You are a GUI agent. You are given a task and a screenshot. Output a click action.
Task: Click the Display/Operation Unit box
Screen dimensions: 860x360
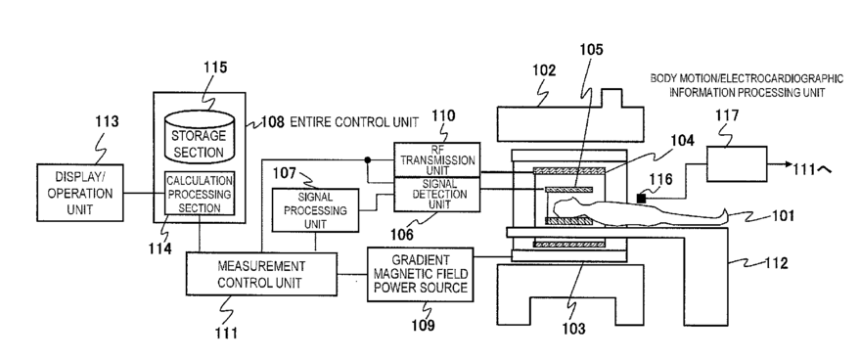pos(80,193)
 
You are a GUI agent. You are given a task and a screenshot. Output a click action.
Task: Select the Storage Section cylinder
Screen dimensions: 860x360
pos(199,137)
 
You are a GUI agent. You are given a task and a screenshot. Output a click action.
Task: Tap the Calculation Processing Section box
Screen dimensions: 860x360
pos(200,193)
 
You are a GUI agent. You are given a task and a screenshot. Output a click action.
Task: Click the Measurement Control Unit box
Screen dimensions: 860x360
pos(261,274)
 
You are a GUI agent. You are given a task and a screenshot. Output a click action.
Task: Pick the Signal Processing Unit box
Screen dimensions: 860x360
pos(315,210)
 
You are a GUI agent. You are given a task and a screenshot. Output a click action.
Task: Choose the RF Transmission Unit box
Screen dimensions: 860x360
pos(437,159)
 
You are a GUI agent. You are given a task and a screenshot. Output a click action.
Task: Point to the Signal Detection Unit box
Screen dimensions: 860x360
pos(437,195)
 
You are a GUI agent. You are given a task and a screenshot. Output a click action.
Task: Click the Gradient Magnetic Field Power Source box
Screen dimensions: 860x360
pos(420,274)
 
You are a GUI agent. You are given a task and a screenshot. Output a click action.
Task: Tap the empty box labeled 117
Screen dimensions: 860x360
pos(737,163)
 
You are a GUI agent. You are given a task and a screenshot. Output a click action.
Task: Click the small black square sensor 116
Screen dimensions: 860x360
pos(641,199)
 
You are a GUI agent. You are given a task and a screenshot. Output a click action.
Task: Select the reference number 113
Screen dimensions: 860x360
pos(106,120)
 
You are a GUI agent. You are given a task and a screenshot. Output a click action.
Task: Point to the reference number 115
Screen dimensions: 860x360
pos(215,67)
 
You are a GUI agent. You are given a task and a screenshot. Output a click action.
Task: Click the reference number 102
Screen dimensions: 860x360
pos(543,70)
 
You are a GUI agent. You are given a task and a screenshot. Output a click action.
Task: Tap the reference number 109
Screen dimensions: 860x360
pos(423,325)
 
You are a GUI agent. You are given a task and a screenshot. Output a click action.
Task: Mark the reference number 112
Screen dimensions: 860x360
pos(777,263)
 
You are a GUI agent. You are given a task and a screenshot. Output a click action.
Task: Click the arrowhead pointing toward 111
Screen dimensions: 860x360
pos(787,163)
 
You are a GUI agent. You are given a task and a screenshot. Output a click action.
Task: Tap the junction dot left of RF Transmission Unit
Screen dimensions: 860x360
pos(367,159)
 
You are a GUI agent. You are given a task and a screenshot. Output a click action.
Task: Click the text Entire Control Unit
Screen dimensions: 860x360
pos(354,122)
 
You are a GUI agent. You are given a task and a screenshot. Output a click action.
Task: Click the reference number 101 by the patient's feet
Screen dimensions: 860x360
pos(783,215)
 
